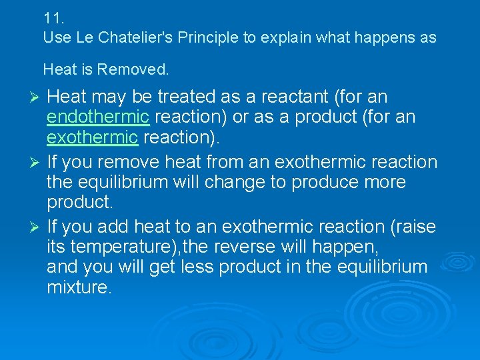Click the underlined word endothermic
[x=98, y=118]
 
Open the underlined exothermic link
[x=93, y=138]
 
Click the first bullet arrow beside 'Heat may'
[x=36, y=98]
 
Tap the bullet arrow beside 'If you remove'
[x=36, y=163]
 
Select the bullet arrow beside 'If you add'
[x=36, y=227]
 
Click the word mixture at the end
[x=77, y=287]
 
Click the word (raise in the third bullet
[x=415, y=227]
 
